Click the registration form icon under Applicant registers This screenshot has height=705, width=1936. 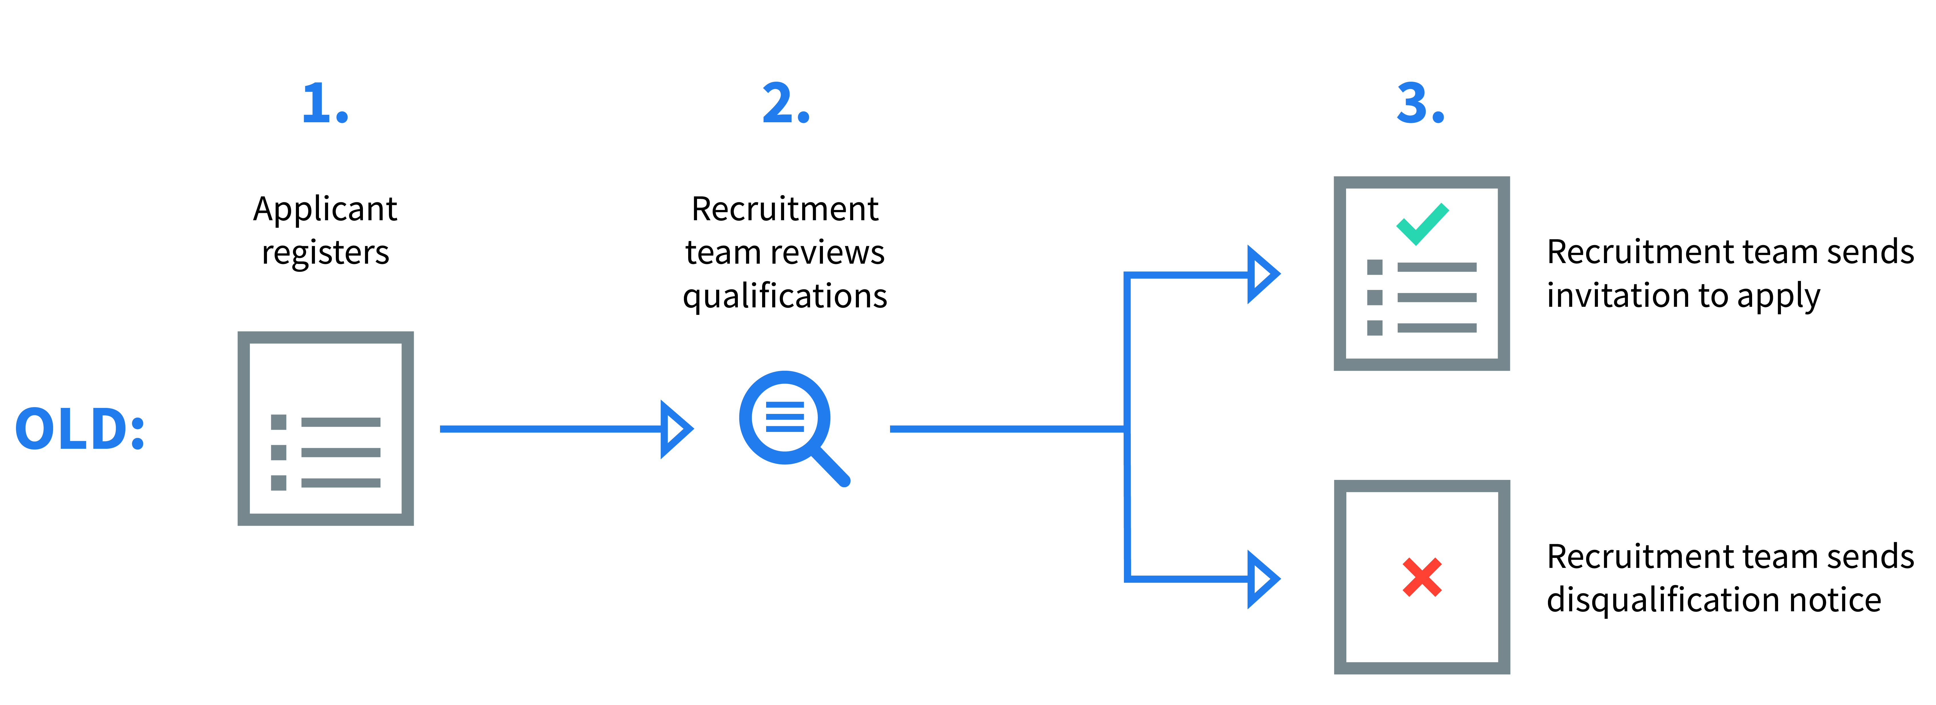326,428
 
